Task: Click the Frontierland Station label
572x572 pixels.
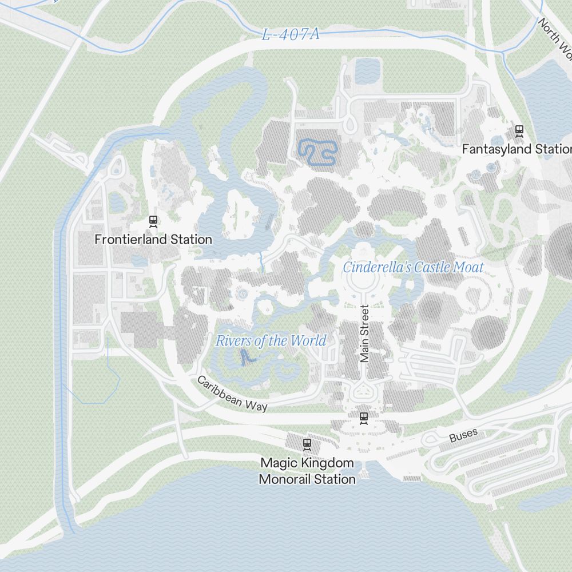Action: (153, 239)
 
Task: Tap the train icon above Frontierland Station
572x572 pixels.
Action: (153, 220)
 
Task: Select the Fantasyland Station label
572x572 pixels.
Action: (517, 149)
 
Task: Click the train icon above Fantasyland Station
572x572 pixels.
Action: (519, 130)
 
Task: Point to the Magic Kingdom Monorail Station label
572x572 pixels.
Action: (307, 471)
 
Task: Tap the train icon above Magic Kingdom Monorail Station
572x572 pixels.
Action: (307, 443)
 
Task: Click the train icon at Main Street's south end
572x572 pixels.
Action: (363, 418)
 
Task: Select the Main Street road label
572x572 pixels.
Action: (365, 333)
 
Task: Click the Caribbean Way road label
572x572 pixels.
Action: (232, 394)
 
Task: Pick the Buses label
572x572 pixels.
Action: (463, 436)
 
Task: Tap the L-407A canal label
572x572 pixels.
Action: (291, 34)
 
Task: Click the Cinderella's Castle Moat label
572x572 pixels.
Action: (413, 267)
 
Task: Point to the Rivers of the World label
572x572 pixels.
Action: (271, 341)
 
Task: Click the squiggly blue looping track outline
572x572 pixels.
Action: (317, 152)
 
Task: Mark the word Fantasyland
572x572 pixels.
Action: (496, 149)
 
